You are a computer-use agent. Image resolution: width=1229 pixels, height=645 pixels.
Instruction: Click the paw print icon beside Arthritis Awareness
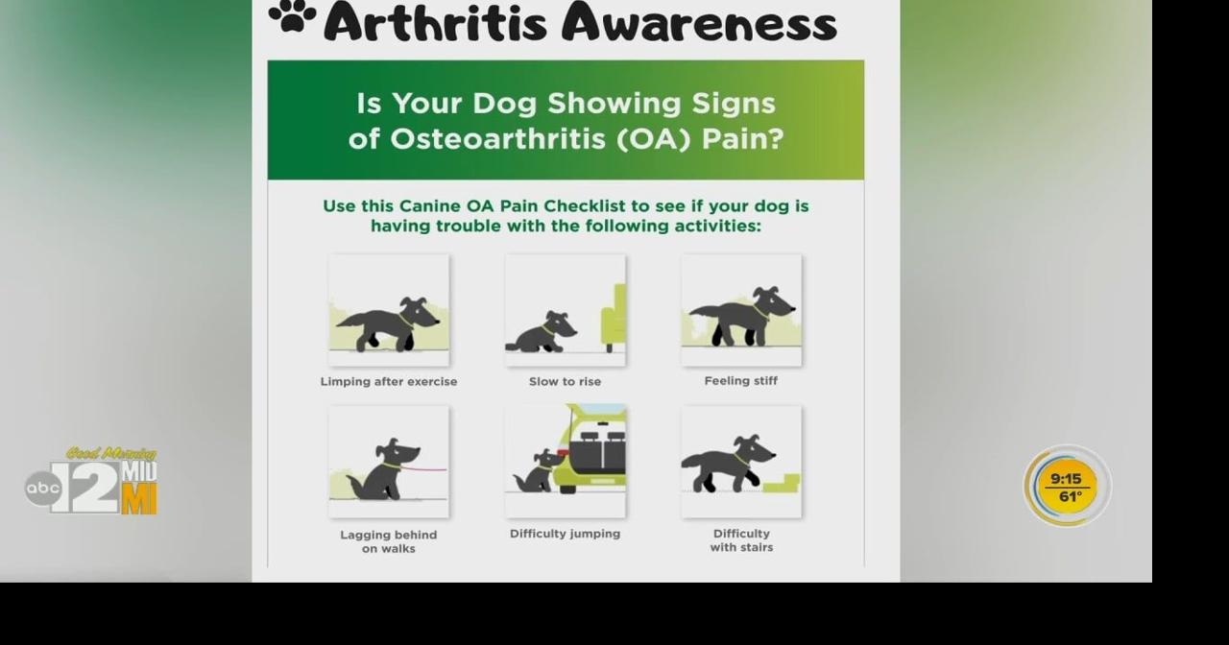(292, 17)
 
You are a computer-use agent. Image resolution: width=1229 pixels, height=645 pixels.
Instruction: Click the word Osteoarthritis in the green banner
(499, 138)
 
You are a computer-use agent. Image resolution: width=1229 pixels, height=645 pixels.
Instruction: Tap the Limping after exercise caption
(389, 382)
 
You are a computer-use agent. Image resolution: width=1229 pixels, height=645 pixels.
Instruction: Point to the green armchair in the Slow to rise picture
(613, 317)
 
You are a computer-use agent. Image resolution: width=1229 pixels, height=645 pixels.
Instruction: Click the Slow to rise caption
(565, 382)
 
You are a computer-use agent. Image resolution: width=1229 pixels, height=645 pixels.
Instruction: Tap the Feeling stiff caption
(741, 381)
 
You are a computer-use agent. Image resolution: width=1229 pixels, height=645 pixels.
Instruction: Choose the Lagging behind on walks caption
(389, 541)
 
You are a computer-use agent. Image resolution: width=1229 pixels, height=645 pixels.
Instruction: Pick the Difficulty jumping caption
(565, 534)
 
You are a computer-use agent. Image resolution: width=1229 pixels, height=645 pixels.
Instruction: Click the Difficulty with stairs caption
(741, 540)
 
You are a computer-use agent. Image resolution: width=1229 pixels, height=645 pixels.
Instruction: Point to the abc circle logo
(42, 489)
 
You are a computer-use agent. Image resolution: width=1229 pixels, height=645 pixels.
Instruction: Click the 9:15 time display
(1066, 479)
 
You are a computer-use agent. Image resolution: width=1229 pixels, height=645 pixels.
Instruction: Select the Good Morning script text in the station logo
(111, 453)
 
